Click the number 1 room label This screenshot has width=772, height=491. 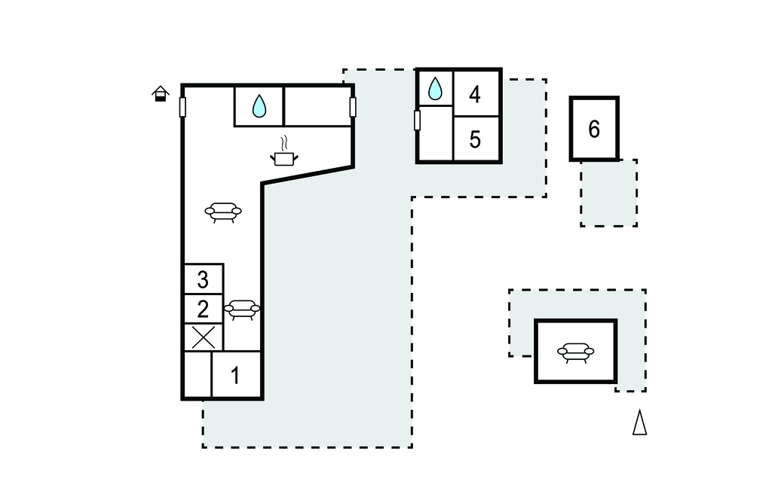pyautogui.click(x=235, y=375)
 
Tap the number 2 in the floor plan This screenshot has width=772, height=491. pyautogui.click(x=203, y=309)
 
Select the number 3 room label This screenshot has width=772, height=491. pyautogui.click(x=203, y=279)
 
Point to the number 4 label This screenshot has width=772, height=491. pyautogui.click(x=474, y=95)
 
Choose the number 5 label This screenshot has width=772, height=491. pyautogui.click(x=474, y=140)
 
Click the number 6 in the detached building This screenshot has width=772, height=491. pyautogui.click(x=594, y=130)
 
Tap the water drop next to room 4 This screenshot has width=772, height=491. pyautogui.click(x=435, y=89)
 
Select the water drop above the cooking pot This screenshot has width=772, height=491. pyautogui.click(x=259, y=106)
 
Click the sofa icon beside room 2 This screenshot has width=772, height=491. pyautogui.click(x=242, y=309)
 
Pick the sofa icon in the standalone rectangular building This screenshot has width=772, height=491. pyautogui.click(x=575, y=352)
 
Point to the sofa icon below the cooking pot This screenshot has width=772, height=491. pyautogui.click(x=223, y=212)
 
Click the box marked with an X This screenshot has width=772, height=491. pyautogui.click(x=203, y=337)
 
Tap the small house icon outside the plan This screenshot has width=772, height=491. pyautogui.click(x=160, y=94)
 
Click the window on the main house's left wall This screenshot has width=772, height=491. pyautogui.click(x=182, y=107)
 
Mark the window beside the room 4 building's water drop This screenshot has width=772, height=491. pyautogui.click(x=417, y=120)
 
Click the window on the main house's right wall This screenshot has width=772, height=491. pyautogui.click(x=353, y=107)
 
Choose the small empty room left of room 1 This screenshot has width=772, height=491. pyautogui.click(x=198, y=375)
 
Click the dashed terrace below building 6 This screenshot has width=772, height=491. pyautogui.click(x=608, y=193)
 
